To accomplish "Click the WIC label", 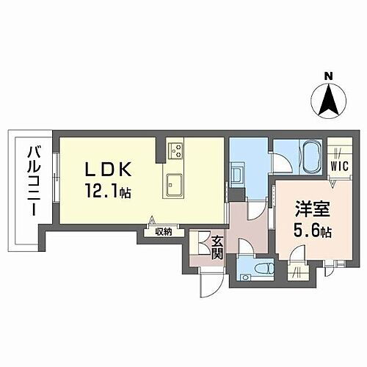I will [338, 166].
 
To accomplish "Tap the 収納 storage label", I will [163, 232].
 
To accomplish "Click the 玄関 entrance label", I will [217, 247].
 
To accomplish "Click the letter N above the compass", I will [328, 75].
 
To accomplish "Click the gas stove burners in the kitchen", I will [176, 152].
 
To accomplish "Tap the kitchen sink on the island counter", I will [176, 183].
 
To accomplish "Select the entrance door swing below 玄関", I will [208, 285].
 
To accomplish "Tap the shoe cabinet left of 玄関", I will [195, 246].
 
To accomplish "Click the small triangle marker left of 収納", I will [152, 219].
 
